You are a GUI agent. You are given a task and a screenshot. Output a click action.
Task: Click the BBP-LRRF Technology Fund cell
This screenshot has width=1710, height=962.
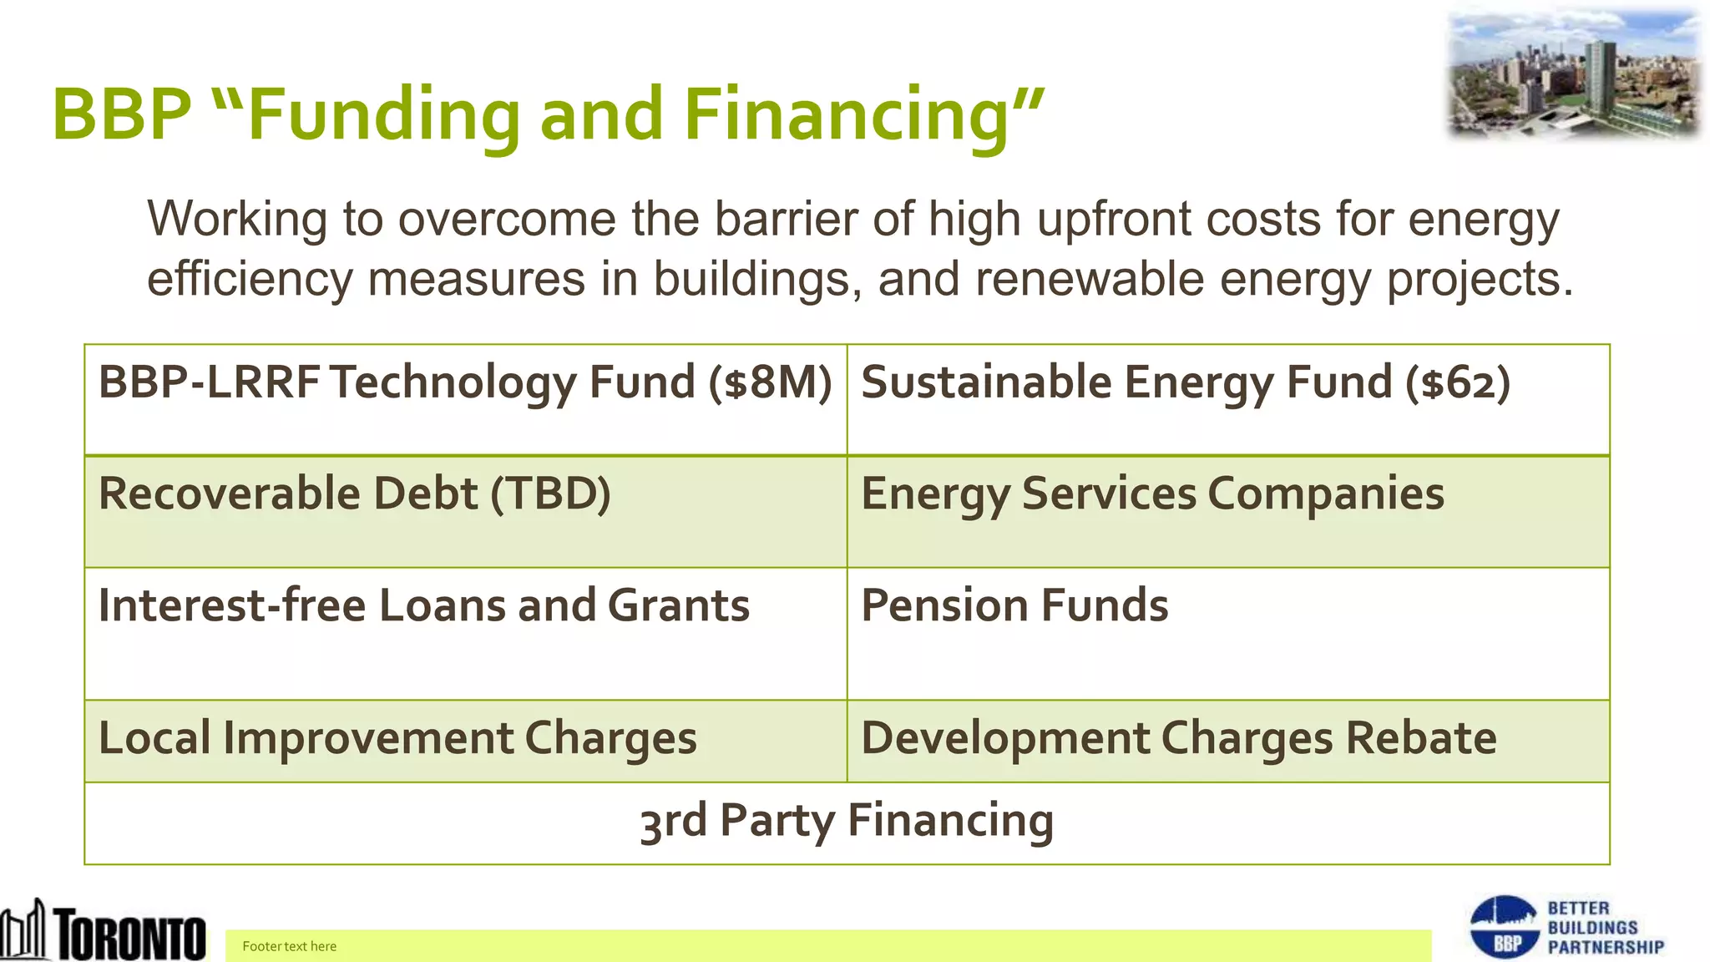point(465,399)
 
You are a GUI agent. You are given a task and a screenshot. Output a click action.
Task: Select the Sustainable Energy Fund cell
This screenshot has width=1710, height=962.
point(1227,399)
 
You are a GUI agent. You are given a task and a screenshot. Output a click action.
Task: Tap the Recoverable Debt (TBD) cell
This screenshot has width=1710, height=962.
point(465,511)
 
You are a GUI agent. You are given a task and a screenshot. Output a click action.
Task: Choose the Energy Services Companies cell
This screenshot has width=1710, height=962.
point(1227,511)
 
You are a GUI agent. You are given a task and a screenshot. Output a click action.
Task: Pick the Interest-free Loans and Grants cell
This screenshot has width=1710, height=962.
point(465,633)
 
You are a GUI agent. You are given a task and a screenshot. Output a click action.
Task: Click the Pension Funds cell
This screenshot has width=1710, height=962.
point(1227,633)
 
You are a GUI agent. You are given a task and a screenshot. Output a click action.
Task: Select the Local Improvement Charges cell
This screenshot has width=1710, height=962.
point(465,740)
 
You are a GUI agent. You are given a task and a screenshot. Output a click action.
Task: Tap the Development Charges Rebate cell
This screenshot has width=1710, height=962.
point(1227,740)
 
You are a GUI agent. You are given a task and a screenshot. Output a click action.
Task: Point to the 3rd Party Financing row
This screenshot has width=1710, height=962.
point(847,822)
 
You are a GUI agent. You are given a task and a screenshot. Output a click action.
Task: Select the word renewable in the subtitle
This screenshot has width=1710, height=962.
point(1090,279)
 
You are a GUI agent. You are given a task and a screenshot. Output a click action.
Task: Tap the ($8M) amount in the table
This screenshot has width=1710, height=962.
point(770,382)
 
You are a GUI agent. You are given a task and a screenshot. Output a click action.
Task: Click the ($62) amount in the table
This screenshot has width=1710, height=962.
point(1458,382)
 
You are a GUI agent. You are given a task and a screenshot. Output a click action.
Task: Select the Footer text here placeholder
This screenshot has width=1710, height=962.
point(290,946)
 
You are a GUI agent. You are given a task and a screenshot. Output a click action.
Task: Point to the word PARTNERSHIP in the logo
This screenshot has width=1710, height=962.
point(1606,947)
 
